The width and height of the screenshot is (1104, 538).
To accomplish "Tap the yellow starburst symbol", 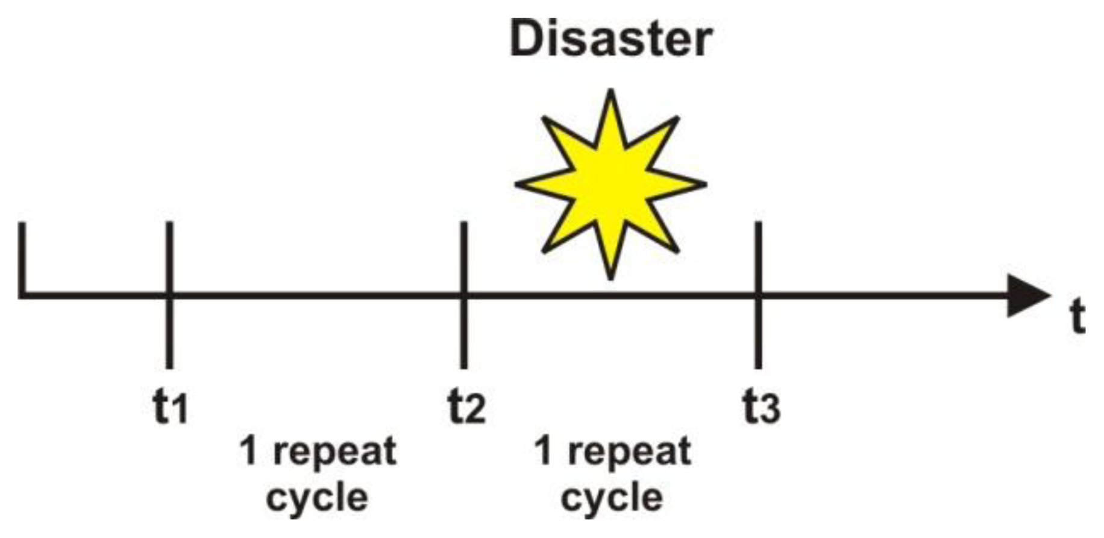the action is click(610, 184).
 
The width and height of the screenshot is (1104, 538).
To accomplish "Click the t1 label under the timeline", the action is click(171, 407).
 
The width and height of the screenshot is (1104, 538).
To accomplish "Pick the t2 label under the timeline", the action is click(466, 407).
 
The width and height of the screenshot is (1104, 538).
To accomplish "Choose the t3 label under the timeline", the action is click(761, 407).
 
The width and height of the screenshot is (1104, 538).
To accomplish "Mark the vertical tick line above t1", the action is click(169, 295).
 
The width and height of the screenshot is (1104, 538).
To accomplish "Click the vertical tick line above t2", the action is click(463, 295).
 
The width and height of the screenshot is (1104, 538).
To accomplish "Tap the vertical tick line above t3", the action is click(758, 295).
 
